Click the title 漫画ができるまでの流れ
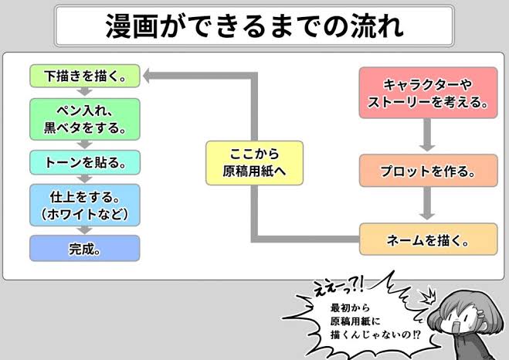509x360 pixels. coord(255,26)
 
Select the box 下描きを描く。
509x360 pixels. coord(85,76)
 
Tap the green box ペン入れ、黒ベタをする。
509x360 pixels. coord(85,119)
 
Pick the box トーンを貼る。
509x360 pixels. coord(85,162)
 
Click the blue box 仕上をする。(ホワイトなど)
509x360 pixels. coord(85,205)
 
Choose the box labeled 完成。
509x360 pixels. coord(85,248)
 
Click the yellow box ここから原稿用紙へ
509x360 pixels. coord(255,163)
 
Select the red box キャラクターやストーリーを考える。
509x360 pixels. coord(428,93)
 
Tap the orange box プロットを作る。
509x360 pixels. coord(428,171)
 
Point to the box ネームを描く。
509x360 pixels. coord(428,239)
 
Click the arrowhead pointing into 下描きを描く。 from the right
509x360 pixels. coord(147,76)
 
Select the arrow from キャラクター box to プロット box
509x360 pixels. coord(427,135)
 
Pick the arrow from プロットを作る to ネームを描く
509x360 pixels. coord(427,203)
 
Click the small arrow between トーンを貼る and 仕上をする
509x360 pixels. coord(85,179)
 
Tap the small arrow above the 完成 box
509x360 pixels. coord(85,230)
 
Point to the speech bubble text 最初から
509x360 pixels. coord(345,307)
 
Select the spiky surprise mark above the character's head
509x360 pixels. coord(428,296)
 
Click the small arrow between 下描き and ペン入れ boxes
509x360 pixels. coord(85,92)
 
